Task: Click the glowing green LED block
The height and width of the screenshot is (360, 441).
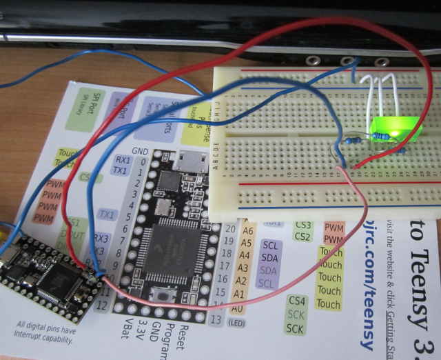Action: (x=396, y=126)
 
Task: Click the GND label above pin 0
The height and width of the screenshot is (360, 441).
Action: (x=140, y=150)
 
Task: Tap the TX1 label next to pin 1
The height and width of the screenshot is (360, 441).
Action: (x=120, y=170)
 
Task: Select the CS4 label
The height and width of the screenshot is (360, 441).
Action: (x=297, y=301)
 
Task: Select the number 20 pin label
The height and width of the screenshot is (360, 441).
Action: (x=230, y=228)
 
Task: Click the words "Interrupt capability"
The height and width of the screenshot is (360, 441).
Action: (x=45, y=339)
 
